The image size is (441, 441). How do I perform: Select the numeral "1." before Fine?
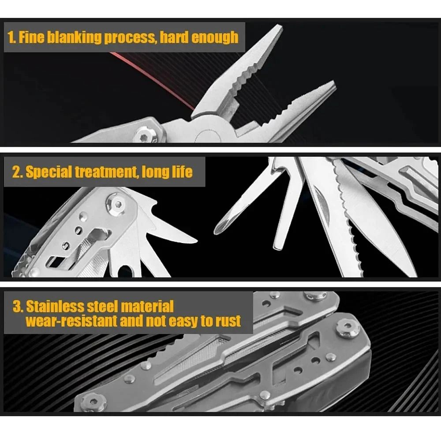pyautogui.click(x=12, y=37)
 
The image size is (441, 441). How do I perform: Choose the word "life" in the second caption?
pyautogui.click(x=180, y=172)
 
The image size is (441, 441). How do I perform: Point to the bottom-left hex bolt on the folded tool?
pyautogui.click(x=94, y=401)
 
